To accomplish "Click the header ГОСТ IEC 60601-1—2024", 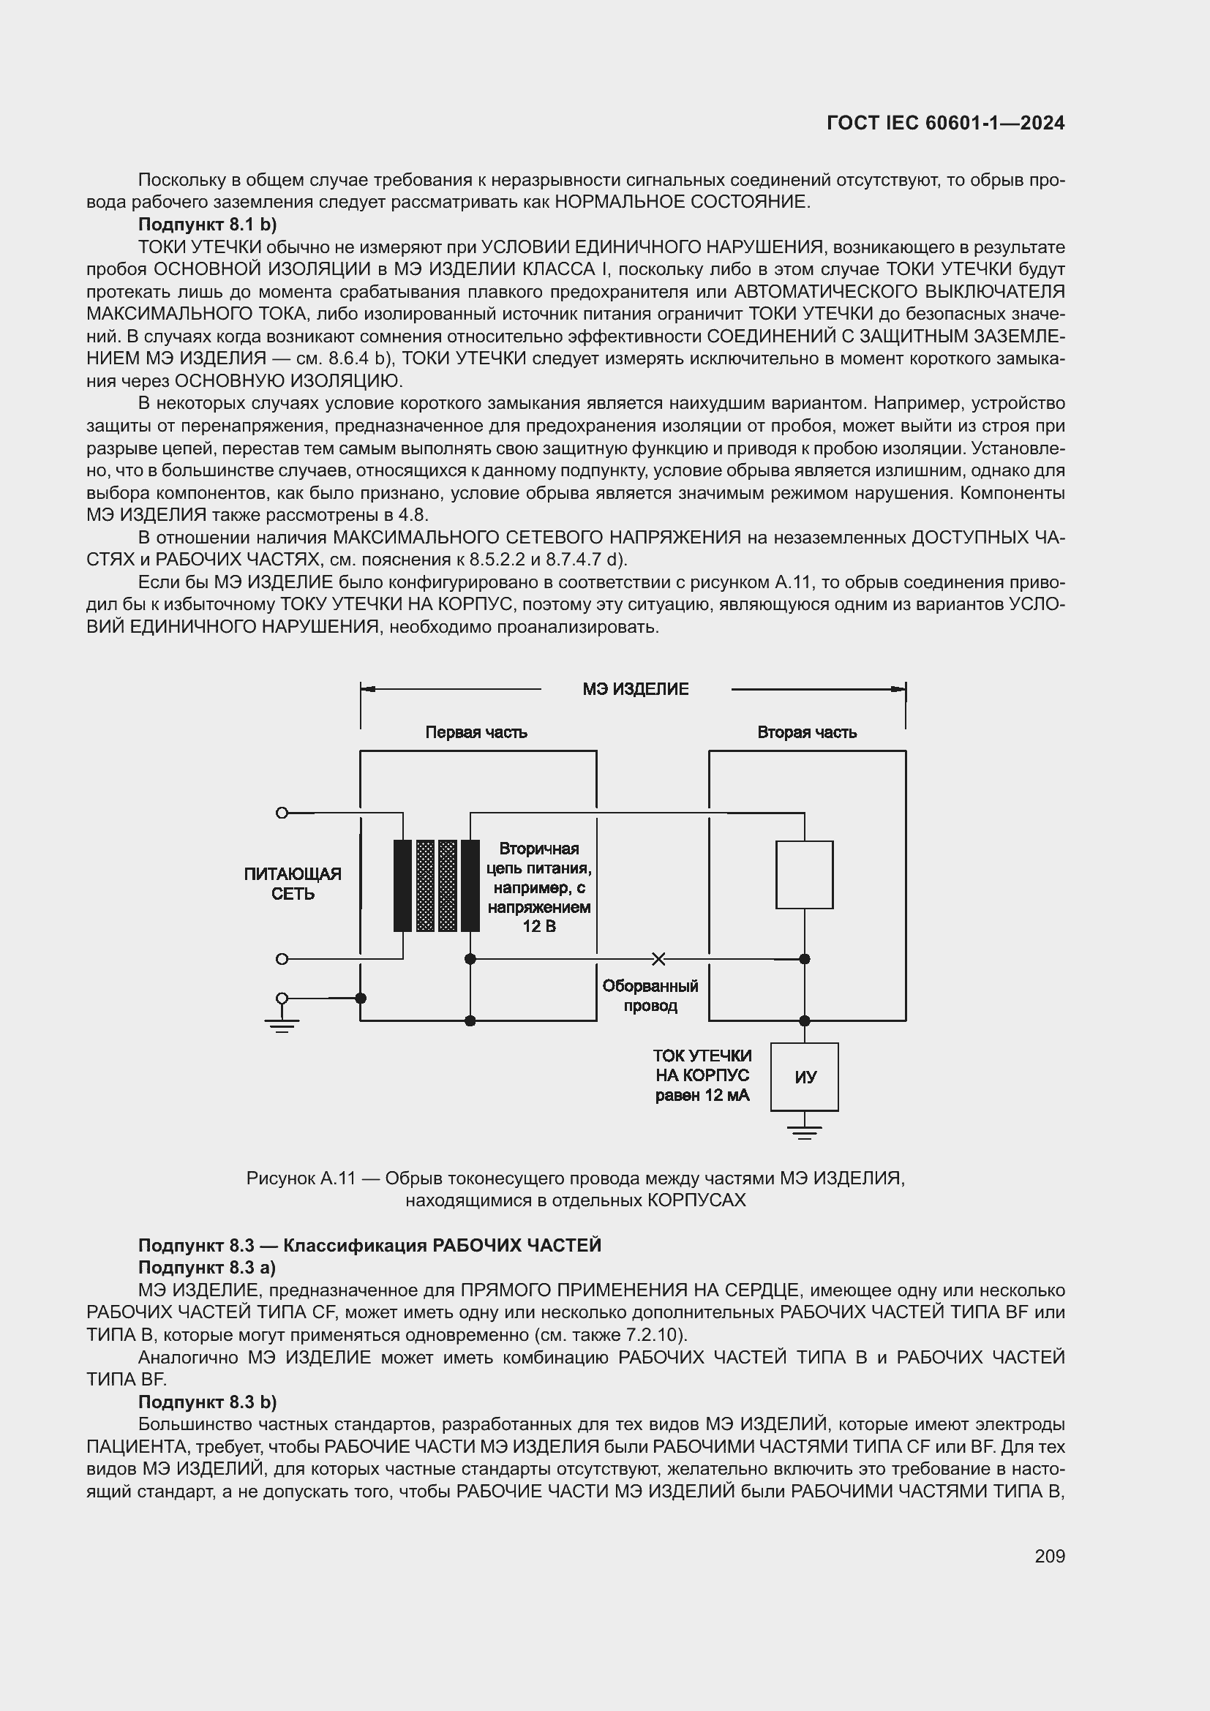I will click(944, 123).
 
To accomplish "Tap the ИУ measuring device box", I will click(804, 1077).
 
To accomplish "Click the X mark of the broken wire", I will click(658, 958).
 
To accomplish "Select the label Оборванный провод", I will click(650, 996).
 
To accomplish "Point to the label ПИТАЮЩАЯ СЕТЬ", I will click(292, 883).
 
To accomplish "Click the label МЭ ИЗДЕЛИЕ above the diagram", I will click(636, 688).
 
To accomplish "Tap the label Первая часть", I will click(476, 732).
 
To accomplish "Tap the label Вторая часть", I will click(806, 732).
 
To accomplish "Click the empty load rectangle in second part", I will click(804, 874).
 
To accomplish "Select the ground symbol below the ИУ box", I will click(804, 1132).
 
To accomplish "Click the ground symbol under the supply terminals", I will click(282, 1026).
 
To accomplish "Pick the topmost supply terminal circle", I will click(282, 812).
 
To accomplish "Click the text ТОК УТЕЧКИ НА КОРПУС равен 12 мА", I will click(702, 1075).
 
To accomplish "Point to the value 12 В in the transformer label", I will click(538, 926).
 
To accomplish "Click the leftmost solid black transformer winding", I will click(402, 885).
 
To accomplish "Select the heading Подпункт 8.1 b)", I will click(207, 225).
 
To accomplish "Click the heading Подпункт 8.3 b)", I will click(207, 1402).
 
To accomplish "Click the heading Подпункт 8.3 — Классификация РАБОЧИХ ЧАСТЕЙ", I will click(369, 1245).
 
